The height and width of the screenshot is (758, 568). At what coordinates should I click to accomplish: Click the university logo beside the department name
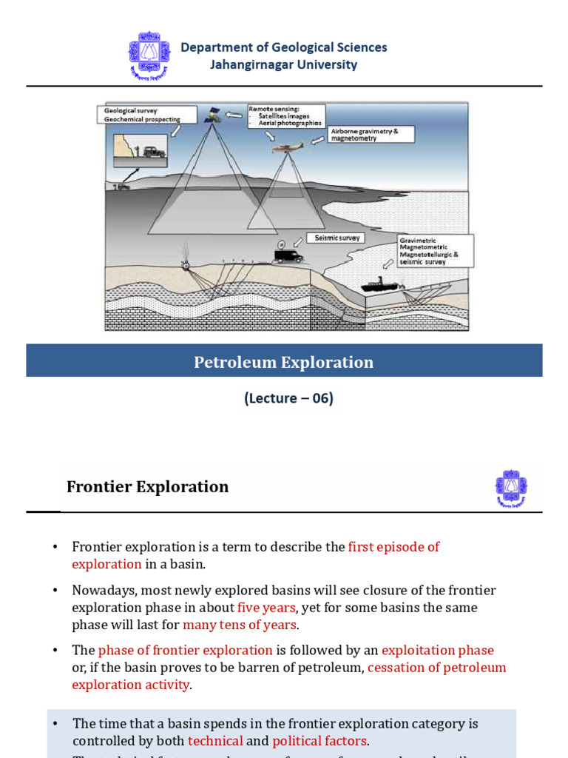tap(149, 56)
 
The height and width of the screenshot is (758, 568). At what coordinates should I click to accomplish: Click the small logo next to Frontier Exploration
tap(511, 489)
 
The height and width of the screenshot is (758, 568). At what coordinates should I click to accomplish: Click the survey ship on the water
tap(379, 285)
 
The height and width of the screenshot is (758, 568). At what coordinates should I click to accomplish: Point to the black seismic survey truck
tap(288, 255)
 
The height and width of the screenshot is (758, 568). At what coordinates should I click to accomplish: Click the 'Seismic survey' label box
tap(337, 238)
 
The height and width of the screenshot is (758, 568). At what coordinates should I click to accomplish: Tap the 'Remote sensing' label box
tap(285, 116)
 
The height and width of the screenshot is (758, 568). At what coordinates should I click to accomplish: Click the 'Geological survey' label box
tap(146, 114)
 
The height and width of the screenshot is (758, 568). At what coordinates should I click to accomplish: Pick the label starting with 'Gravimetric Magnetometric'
tap(435, 251)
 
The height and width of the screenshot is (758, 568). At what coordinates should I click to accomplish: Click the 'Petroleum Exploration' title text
tap(284, 362)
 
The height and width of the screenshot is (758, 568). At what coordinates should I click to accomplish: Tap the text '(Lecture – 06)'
tap(288, 398)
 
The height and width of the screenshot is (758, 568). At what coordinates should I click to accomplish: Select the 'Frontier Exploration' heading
tap(148, 486)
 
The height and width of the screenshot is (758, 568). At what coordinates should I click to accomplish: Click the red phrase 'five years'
tap(266, 608)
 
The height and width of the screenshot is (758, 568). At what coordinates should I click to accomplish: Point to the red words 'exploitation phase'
tap(437, 650)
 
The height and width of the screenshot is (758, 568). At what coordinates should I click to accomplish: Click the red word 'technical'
tap(215, 741)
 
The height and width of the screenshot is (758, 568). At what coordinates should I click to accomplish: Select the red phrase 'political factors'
tap(319, 741)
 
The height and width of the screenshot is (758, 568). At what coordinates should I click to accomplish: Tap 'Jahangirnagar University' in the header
tap(283, 64)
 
